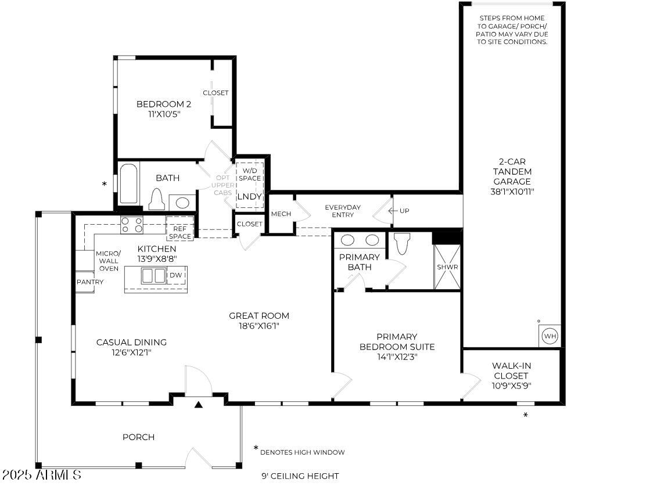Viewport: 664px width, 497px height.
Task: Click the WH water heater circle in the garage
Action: (x=550, y=337)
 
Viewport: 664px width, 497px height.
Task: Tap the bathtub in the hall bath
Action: (x=128, y=184)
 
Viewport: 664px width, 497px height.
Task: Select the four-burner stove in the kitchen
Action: (x=132, y=225)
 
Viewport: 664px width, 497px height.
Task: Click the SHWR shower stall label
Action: (x=447, y=267)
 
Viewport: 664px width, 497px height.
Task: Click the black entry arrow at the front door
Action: (x=199, y=405)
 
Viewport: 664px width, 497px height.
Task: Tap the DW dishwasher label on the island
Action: (x=176, y=275)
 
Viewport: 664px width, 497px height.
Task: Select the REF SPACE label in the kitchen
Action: (x=180, y=232)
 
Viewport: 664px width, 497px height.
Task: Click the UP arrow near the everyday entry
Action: (x=399, y=210)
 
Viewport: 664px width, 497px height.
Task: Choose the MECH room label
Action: (x=281, y=214)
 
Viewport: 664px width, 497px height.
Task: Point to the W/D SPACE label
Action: (x=250, y=174)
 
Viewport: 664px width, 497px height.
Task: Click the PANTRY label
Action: (x=90, y=282)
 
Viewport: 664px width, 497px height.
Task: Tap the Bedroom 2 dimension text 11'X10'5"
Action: (x=164, y=114)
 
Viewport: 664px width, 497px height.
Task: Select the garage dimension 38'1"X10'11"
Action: (x=512, y=192)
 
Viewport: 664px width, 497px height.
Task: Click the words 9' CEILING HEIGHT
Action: (x=300, y=476)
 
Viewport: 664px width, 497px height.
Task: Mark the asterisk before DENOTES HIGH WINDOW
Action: (x=256, y=448)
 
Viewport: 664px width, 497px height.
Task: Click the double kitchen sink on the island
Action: (x=153, y=276)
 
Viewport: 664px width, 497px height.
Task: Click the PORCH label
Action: (x=138, y=437)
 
